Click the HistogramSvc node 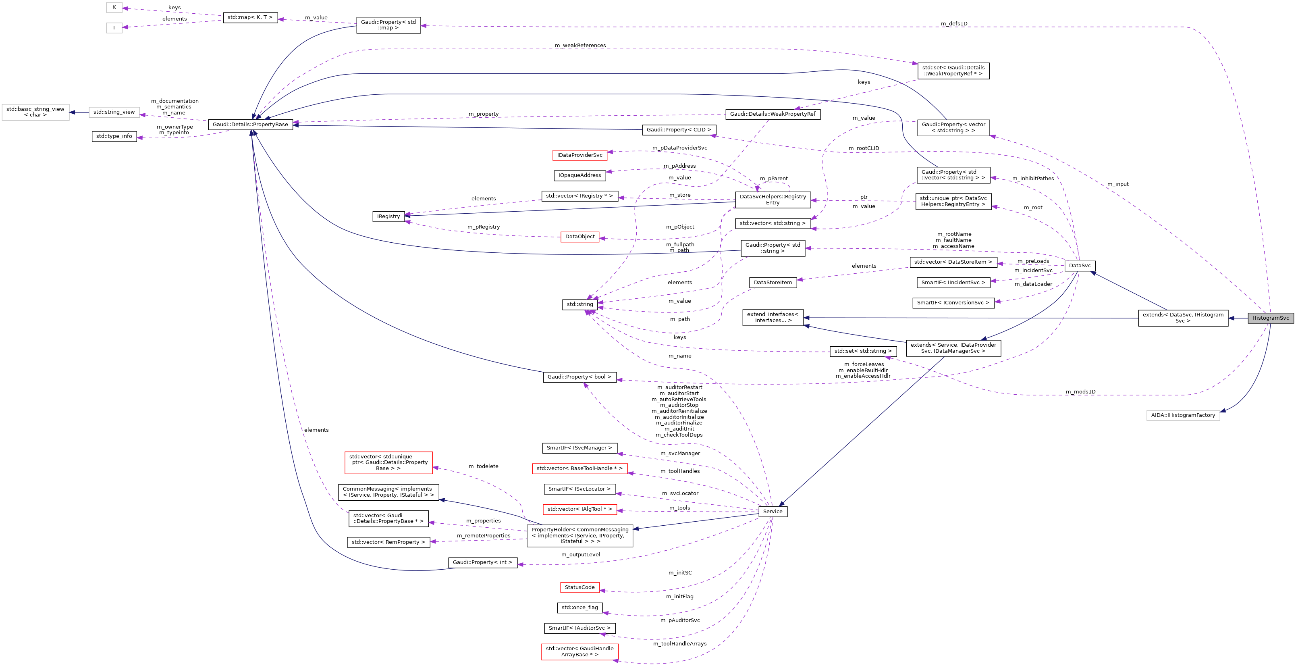[x=1270, y=318]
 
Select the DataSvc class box [x=1080, y=266]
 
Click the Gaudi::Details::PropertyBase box [x=250, y=124]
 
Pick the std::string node [x=579, y=304]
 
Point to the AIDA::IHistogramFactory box [x=1183, y=415]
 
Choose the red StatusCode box [x=579, y=587]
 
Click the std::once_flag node [x=579, y=608]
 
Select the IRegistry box [x=388, y=216]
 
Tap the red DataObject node [x=579, y=237]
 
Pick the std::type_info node [x=114, y=136]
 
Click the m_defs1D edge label [x=954, y=24]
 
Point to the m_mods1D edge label [x=1080, y=391]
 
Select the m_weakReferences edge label [x=580, y=45]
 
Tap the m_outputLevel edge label [x=581, y=555]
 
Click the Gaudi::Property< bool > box [x=579, y=377]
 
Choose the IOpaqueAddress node [x=579, y=175]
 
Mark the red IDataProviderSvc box [x=579, y=155]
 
